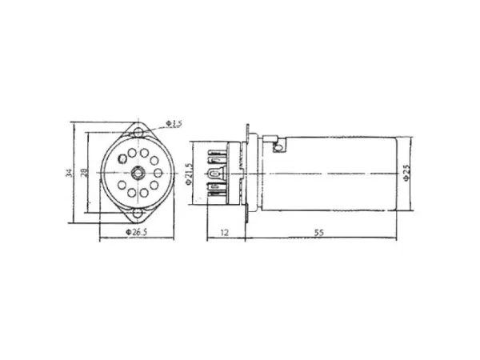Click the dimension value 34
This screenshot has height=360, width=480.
pos(71,173)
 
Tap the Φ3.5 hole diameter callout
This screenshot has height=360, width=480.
pos(174,123)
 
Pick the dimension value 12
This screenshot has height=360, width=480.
pos(226,232)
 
